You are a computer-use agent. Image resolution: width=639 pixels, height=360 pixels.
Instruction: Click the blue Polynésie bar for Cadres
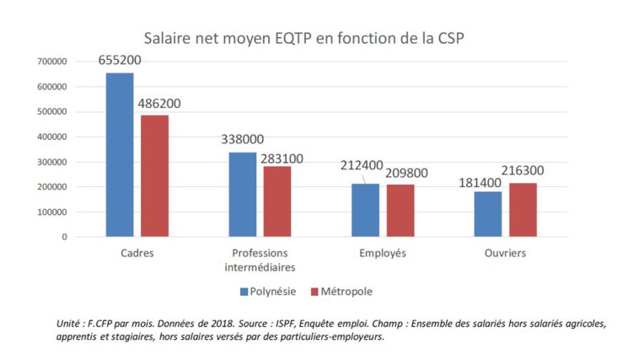(120, 155)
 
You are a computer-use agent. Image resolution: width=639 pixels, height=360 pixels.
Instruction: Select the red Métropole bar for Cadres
(154, 176)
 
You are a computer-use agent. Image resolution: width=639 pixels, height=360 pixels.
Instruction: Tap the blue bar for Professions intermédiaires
(242, 195)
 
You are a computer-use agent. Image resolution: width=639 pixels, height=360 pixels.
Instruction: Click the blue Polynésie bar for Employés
(365, 210)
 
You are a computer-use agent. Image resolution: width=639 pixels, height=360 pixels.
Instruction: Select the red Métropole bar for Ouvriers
(523, 210)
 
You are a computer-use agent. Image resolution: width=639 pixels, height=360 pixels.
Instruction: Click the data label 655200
(120, 61)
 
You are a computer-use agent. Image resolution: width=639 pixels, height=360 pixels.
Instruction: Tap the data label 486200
(158, 104)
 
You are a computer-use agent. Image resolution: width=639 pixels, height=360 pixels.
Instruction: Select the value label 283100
(282, 158)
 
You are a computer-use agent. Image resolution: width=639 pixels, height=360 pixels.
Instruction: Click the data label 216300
(523, 170)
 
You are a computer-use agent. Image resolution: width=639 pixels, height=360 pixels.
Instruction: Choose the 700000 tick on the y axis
(52, 62)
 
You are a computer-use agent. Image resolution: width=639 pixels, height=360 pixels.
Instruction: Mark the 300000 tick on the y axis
(52, 162)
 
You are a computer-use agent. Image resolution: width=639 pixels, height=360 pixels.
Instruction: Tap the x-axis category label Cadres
(137, 253)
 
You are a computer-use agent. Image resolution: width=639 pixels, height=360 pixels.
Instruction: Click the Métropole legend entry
(341, 292)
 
